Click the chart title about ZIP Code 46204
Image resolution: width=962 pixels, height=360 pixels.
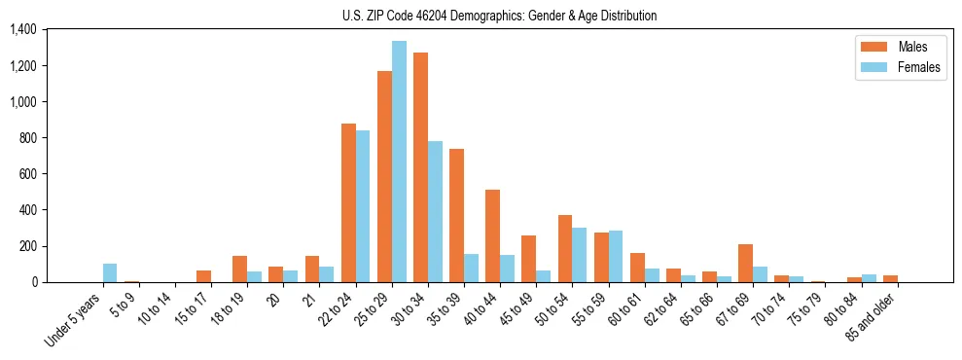coord(499,16)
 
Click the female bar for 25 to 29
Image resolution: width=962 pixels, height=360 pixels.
coord(399,162)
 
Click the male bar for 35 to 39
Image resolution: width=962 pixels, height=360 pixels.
coord(456,215)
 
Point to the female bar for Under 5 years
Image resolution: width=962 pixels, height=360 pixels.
coord(110,272)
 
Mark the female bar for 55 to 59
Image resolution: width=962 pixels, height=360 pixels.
coord(615,256)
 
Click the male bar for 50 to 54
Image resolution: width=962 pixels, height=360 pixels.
coord(564,248)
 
